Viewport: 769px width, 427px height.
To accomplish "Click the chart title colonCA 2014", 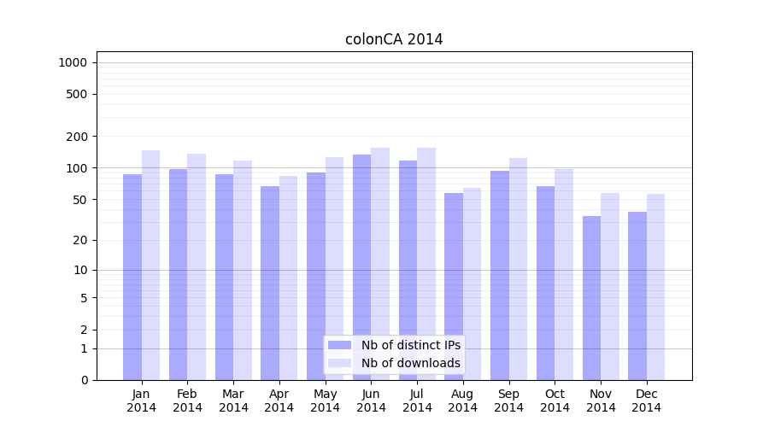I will (x=394, y=39).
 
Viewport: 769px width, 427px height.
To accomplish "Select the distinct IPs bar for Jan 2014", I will (x=132, y=277).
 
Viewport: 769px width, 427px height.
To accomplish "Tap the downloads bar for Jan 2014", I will (x=151, y=265).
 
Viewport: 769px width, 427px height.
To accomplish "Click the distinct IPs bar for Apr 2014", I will (x=270, y=283).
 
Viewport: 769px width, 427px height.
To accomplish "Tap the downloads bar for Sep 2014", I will (x=519, y=268).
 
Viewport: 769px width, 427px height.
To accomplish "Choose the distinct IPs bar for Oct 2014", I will (x=545, y=283).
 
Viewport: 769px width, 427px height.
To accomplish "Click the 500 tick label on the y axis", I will (x=77, y=94).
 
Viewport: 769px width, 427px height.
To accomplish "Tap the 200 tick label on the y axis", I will (x=77, y=137).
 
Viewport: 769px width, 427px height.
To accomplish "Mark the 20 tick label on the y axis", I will (x=80, y=240).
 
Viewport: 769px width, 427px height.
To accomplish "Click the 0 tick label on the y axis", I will (x=84, y=380).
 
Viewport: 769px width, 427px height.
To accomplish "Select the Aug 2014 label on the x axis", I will (x=463, y=401).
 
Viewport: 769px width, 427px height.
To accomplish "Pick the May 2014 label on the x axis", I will (x=325, y=401).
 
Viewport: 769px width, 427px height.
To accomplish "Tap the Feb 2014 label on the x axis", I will (x=187, y=401).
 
